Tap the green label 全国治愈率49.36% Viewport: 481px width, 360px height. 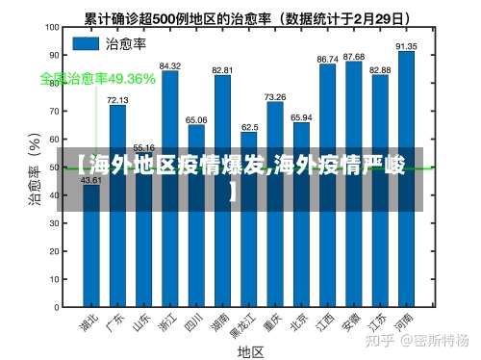[97, 78]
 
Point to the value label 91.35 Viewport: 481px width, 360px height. [406, 45]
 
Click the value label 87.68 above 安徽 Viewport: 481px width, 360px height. [354, 57]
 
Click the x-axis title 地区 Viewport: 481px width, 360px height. [250, 351]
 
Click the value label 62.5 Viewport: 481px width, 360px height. [249, 126]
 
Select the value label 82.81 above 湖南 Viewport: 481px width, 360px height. [222, 70]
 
